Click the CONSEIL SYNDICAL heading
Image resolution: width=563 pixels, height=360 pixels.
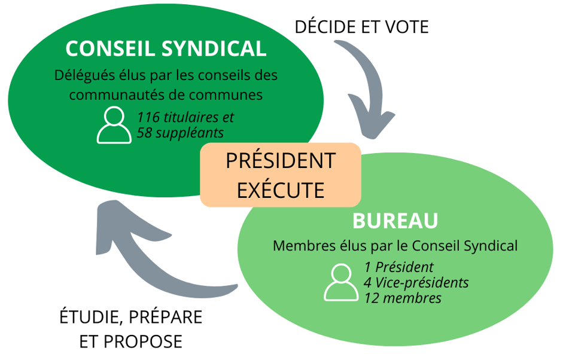(x=166, y=48)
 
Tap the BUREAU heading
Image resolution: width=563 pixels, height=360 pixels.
(x=395, y=220)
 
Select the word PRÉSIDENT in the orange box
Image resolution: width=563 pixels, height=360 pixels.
(x=280, y=161)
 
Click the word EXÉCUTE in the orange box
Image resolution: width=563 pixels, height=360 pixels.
(x=280, y=190)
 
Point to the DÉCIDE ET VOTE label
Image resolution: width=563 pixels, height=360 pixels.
(x=362, y=27)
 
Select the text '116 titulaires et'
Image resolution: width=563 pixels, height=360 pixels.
(x=185, y=117)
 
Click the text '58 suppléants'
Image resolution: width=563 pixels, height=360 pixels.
(x=180, y=132)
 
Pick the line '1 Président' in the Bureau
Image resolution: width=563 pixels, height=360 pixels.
(x=398, y=267)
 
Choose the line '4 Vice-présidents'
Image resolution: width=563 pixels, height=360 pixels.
(x=416, y=282)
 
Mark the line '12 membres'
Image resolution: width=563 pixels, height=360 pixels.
(x=402, y=297)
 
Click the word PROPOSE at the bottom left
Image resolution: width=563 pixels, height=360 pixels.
(x=143, y=341)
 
